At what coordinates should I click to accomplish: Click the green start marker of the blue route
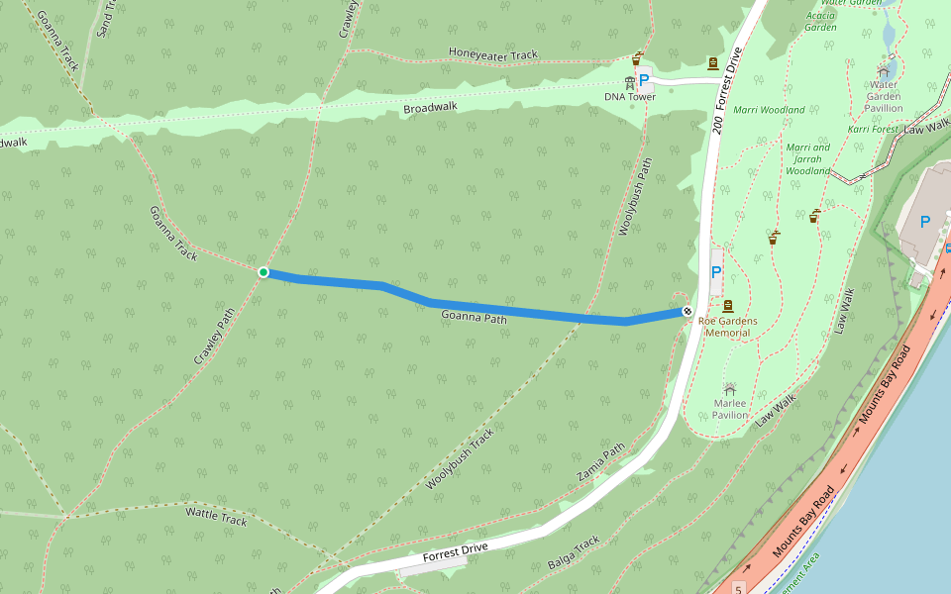263,272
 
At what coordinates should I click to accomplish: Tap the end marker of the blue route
687,312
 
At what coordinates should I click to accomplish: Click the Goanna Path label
474,318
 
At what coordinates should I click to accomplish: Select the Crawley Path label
214,336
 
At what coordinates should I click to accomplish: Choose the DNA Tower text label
630,97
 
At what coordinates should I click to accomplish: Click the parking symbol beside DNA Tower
644,79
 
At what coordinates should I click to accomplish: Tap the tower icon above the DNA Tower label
629,81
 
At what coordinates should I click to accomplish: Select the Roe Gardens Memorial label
728,327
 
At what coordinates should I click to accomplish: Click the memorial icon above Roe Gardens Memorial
728,306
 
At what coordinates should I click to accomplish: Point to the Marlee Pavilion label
730,409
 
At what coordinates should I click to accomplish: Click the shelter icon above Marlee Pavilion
730,390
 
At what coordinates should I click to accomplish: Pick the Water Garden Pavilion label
883,96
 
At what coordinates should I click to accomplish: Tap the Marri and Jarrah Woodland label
807,159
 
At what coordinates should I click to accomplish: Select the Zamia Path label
600,462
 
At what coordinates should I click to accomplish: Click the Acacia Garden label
820,22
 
